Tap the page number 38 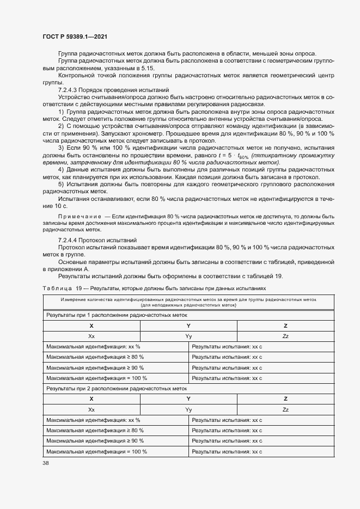pyautogui.click(x=46, y=463)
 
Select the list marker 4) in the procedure pyautogui.click(x=61, y=170)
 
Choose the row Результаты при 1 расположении pyautogui.click(x=117, y=315)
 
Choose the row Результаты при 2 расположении pyautogui.click(x=117, y=389)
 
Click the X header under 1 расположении pyautogui.click(x=91, y=325)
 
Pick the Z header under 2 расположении pyautogui.click(x=285, y=399)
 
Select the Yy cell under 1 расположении pyautogui.click(x=188, y=336)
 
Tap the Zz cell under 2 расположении pyautogui.click(x=285, y=409)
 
